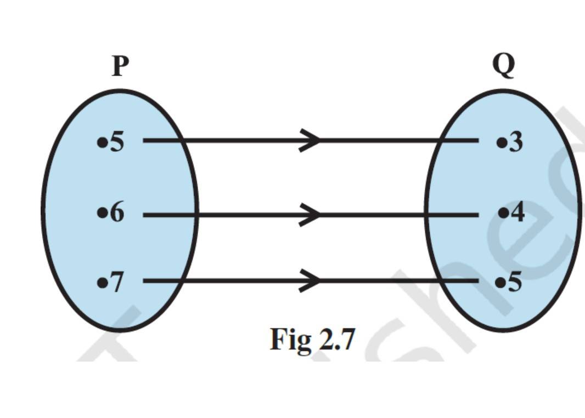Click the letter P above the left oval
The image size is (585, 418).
click(121, 66)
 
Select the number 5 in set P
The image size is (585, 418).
click(117, 142)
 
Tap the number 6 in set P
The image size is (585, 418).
click(117, 213)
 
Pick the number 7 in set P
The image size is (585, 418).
click(117, 283)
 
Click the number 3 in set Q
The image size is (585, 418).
click(515, 142)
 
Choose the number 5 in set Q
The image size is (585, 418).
click(515, 283)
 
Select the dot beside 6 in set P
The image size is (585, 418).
click(102, 213)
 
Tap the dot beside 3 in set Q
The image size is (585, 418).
click(500, 143)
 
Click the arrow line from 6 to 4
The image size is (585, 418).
click(247, 215)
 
